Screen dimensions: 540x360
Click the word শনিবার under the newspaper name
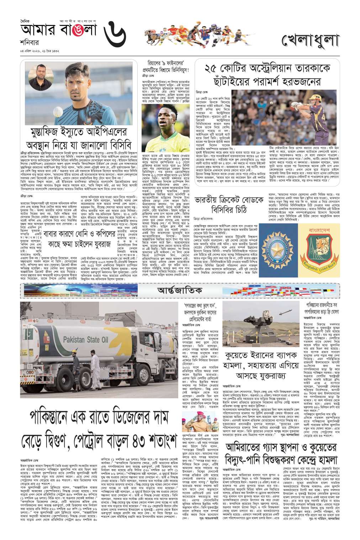(29, 42)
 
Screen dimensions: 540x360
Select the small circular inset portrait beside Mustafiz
(35, 76)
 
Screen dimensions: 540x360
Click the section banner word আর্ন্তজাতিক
(180, 290)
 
